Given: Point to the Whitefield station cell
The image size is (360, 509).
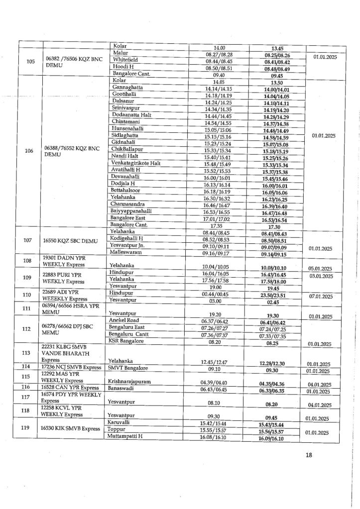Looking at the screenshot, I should pyautogui.click(x=125, y=59).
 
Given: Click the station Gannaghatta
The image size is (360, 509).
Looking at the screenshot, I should pyautogui.click(x=127, y=87).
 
